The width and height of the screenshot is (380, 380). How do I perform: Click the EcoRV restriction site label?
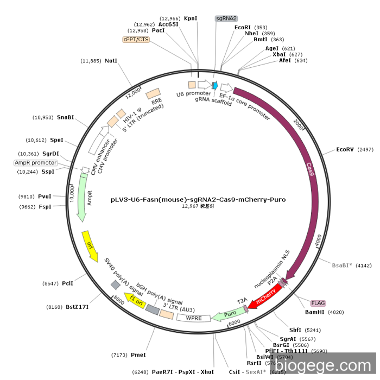pyautogui.click(x=345, y=149)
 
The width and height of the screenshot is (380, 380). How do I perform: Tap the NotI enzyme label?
pyautogui.click(x=111, y=61)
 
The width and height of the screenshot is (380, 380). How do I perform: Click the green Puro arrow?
pyautogui.click(x=229, y=315)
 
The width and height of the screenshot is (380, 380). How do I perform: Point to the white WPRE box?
pyautogui.click(x=193, y=318)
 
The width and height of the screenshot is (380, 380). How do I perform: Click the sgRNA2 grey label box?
pyautogui.click(x=226, y=18)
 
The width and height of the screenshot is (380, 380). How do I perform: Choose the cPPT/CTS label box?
pyautogui.click(x=136, y=39)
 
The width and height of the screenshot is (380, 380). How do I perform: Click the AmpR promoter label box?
pyautogui.click(x=35, y=162)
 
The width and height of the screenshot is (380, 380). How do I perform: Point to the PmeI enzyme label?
pyautogui.click(x=138, y=354)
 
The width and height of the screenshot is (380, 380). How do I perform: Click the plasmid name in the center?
pyautogui.click(x=198, y=199)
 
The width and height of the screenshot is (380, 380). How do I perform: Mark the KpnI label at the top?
pyautogui.click(x=191, y=18)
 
